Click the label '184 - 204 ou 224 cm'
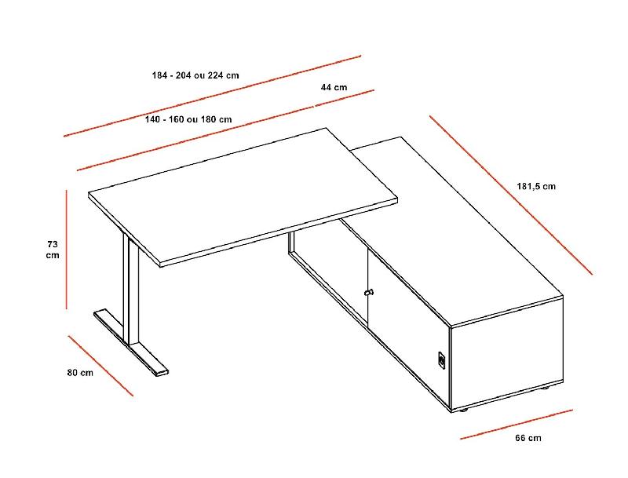point(195,75)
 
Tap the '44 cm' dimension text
point(334,87)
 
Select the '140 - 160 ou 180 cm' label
point(188,119)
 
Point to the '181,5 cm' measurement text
point(536,187)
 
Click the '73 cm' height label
point(53,249)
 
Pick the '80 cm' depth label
point(79,373)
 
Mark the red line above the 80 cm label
point(100,366)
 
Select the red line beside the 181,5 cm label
point(510,195)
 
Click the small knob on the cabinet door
point(368,293)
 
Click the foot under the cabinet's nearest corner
point(463,410)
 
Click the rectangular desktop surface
point(243,196)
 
